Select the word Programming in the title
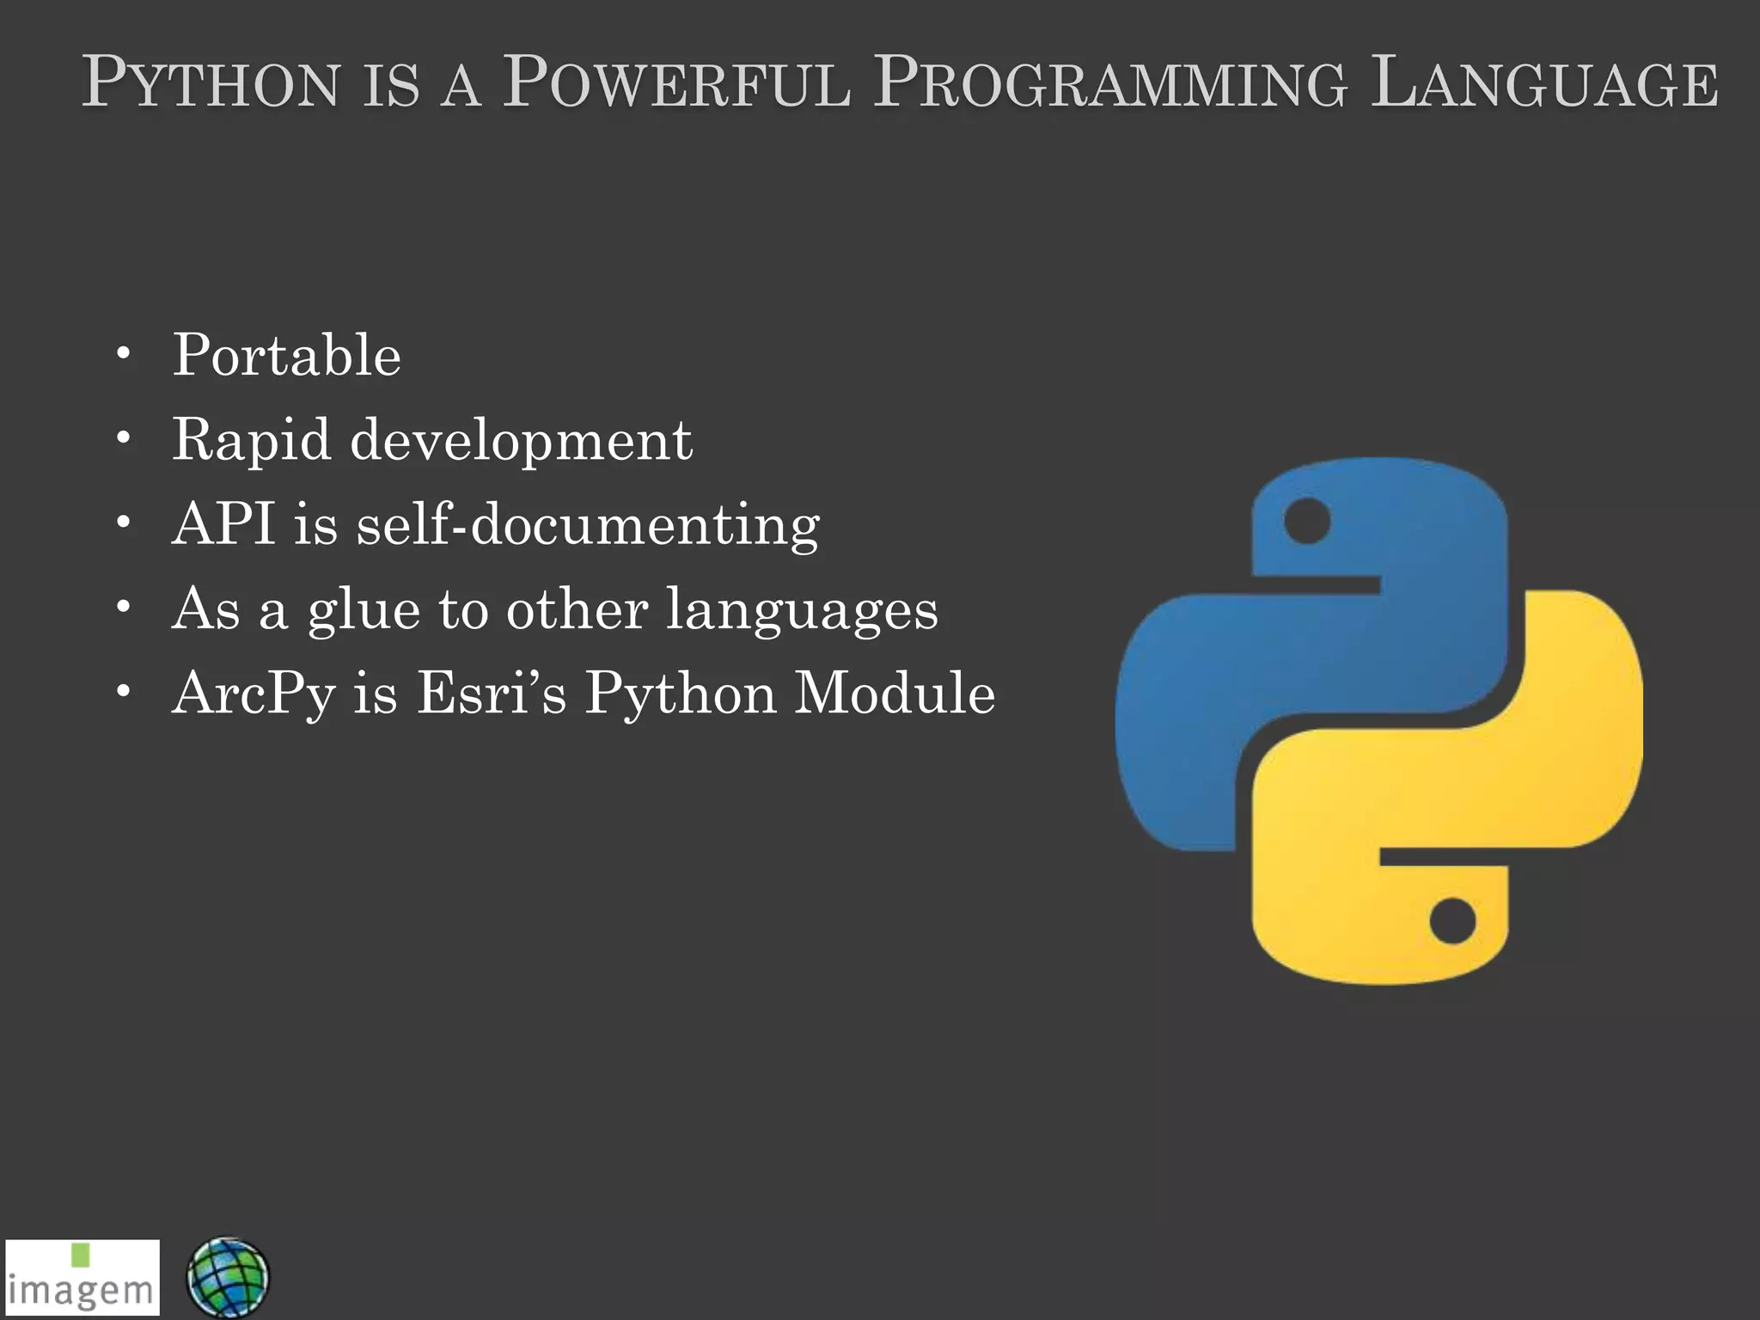(x=1109, y=84)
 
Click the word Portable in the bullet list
(x=287, y=355)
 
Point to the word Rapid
(x=251, y=441)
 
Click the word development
(x=521, y=441)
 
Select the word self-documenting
(x=589, y=525)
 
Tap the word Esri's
(x=492, y=693)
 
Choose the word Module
(x=895, y=693)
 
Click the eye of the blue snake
(x=1306, y=521)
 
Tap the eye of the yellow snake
(x=1452, y=921)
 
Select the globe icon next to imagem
(x=228, y=1277)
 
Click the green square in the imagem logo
(x=81, y=1255)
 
